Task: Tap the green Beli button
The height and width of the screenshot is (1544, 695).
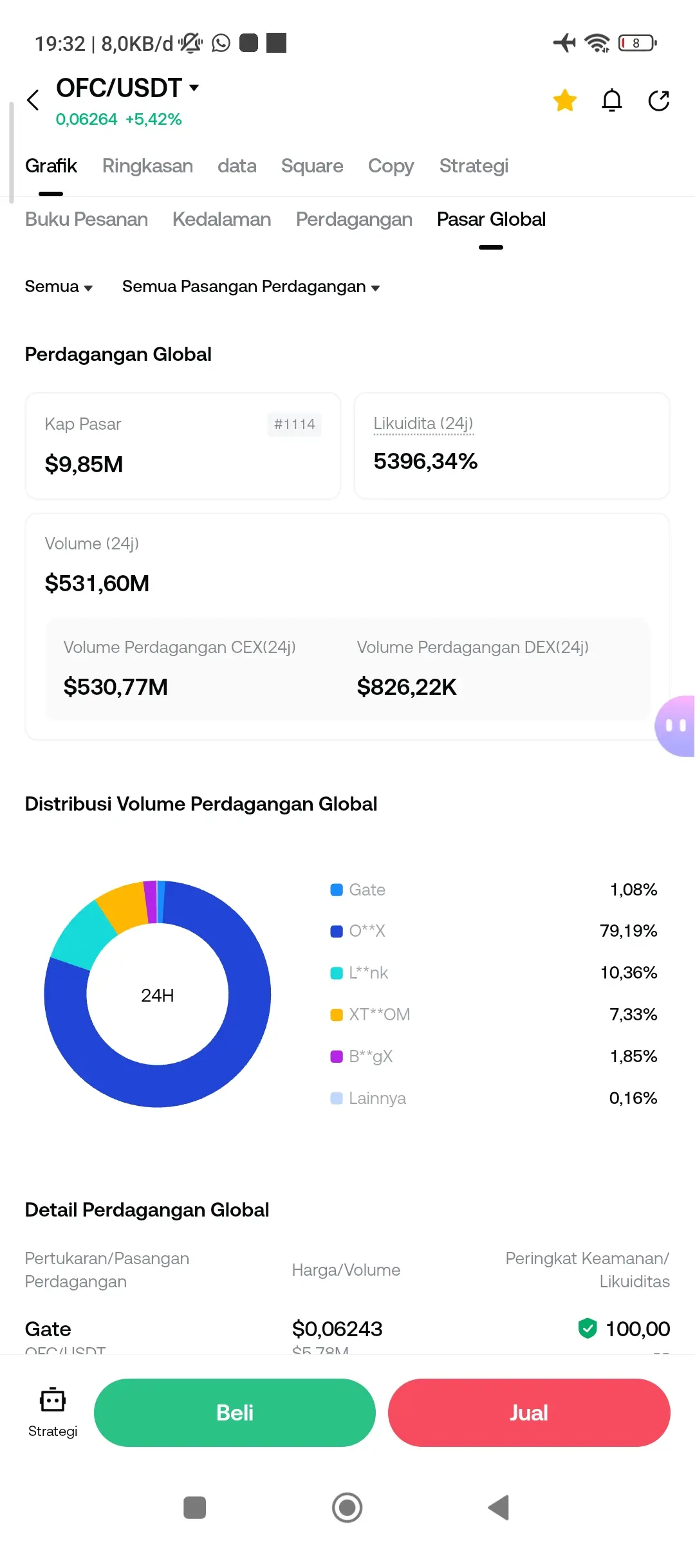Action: [x=235, y=1412]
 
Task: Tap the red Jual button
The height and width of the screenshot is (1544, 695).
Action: [x=529, y=1412]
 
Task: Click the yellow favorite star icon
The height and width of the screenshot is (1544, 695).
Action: [x=564, y=100]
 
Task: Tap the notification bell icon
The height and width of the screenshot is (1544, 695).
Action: [x=611, y=100]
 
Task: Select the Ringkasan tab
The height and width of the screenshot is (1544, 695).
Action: [x=147, y=166]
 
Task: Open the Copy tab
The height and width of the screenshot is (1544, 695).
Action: [x=391, y=166]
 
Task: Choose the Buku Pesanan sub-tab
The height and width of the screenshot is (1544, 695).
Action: [x=86, y=219]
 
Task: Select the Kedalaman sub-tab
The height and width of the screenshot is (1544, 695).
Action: [x=221, y=219]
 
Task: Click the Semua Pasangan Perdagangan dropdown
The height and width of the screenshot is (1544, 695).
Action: [x=250, y=287]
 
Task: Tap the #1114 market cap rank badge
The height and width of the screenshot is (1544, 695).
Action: [x=294, y=425]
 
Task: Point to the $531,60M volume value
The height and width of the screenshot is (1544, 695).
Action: [x=97, y=584]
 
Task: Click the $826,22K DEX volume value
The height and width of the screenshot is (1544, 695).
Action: [x=407, y=687]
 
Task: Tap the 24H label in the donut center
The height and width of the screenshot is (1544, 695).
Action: [x=158, y=995]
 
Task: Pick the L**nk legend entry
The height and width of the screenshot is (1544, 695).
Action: [x=368, y=973]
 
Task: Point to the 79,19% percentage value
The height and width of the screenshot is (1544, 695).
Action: [x=628, y=931]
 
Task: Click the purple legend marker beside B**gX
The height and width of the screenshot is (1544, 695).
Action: [x=336, y=1056]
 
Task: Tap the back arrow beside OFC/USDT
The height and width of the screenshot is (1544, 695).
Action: [x=33, y=100]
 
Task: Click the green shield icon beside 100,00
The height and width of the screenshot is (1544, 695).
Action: [x=588, y=1328]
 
